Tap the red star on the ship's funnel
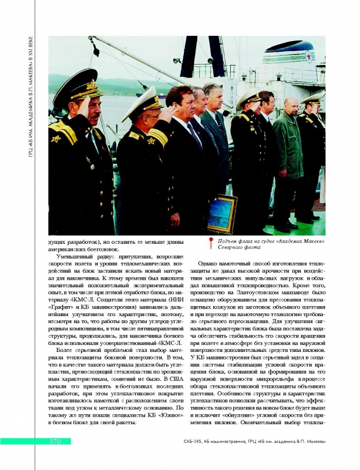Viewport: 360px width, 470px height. coord(307,56)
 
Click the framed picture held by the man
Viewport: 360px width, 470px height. coord(222,213)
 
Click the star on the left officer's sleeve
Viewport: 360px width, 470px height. coord(57,139)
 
